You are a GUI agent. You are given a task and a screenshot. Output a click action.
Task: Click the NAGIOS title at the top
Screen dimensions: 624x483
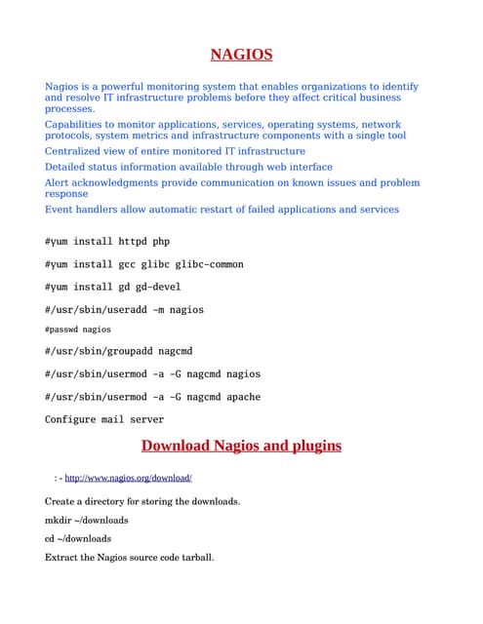[241, 55]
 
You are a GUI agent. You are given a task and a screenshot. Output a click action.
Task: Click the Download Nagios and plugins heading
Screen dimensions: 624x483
[241, 446]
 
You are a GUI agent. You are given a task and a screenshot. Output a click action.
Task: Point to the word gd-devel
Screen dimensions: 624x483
[155, 287]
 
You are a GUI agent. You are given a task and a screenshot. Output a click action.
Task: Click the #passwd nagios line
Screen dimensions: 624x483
[78, 330]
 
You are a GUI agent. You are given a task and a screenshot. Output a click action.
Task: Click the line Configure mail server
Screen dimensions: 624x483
[104, 419]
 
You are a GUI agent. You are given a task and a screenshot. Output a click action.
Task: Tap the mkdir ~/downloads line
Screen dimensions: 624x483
[87, 520]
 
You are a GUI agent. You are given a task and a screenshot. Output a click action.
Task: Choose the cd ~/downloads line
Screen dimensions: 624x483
[78, 538]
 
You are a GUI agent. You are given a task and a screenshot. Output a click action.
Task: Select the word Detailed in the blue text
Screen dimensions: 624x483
[69, 167]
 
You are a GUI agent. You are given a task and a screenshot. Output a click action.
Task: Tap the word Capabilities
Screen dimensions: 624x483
[82, 125]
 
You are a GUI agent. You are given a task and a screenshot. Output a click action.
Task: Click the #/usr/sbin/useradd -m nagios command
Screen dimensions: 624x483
[124, 309]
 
